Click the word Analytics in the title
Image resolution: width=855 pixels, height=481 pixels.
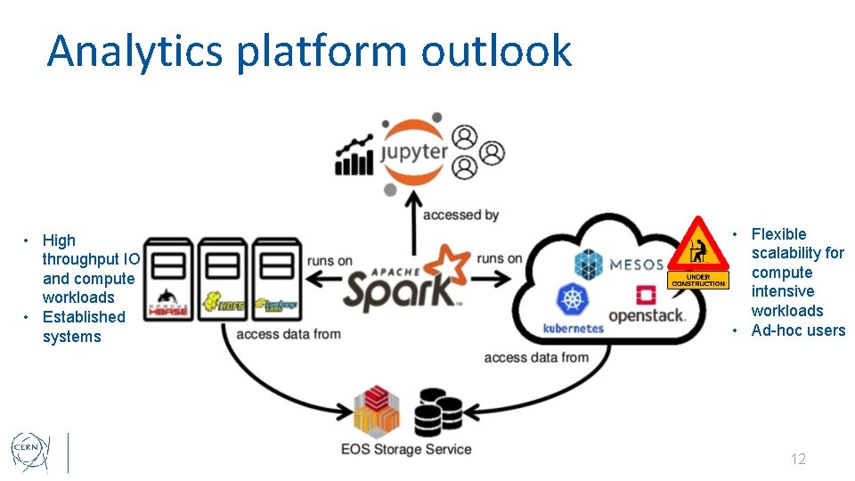(x=134, y=51)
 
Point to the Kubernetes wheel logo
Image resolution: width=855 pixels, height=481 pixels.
(x=573, y=301)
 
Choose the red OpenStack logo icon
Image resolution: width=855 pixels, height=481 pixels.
(x=646, y=296)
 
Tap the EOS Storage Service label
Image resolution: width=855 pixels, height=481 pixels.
(x=406, y=449)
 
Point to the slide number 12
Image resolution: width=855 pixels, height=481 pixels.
(x=798, y=459)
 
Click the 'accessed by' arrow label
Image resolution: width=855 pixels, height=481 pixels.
(x=460, y=215)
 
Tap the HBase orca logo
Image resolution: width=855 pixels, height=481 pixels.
(x=170, y=298)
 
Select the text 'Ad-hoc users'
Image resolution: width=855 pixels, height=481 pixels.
(x=798, y=330)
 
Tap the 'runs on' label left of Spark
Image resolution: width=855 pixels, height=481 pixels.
(x=330, y=260)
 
